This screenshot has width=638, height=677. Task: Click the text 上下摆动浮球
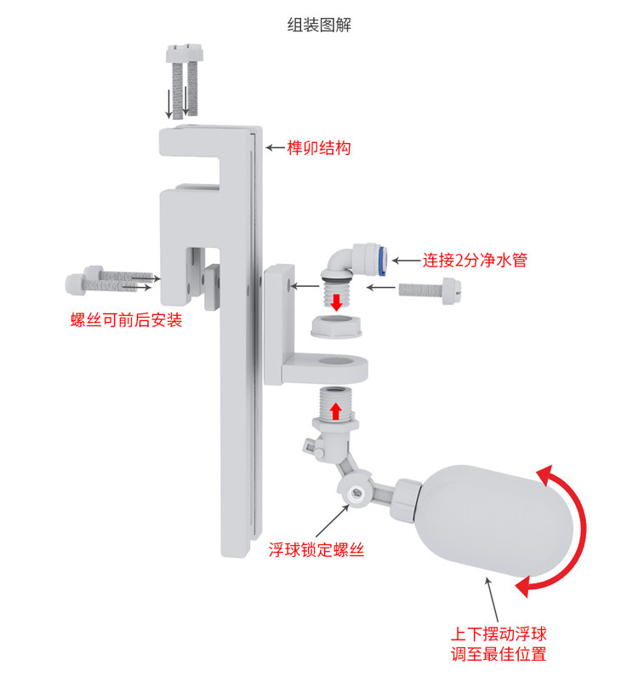[x=498, y=634]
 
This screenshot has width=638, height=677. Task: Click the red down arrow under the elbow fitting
[x=338, y=301]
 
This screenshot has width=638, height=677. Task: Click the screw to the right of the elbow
[x=434, y=290]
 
